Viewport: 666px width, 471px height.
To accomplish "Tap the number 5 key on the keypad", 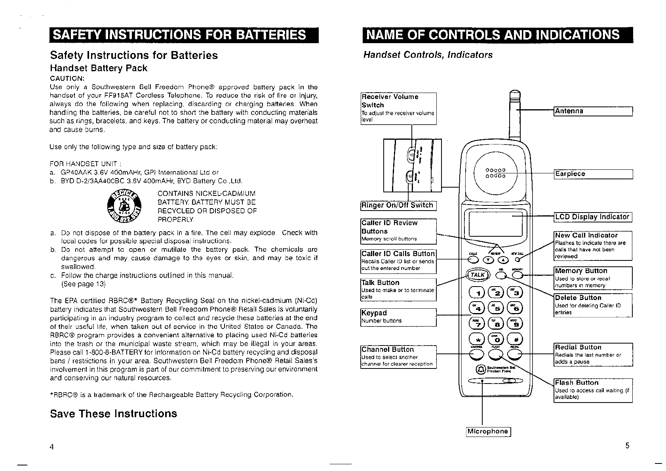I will point(497,308).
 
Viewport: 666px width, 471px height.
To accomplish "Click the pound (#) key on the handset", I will point(516,339).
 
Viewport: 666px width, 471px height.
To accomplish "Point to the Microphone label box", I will point(488,431).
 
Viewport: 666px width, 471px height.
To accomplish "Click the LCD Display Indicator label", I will point(592,217).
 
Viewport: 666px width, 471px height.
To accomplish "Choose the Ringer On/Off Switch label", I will point(398,205).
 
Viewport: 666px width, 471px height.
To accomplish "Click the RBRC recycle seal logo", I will point(124,206).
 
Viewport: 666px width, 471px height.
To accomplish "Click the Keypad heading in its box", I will point(374,313).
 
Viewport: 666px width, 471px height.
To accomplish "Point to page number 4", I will point(51,447).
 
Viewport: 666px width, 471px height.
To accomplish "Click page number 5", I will point(627,446).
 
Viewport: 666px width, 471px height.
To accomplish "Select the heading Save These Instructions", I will point(113,414).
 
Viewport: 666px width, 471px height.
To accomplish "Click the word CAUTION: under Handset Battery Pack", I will point(65,78).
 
